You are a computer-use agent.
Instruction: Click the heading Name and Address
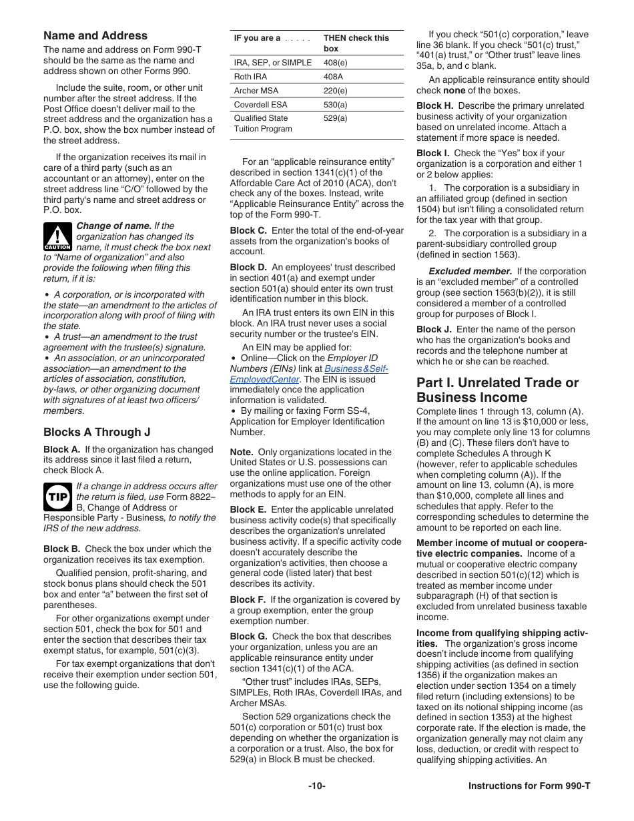pyautogui.click(x=95, y=36)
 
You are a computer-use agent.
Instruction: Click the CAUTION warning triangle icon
pyautogui.click(x=57, y=236)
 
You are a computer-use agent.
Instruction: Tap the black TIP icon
pyautogui.click(x=57, y=497)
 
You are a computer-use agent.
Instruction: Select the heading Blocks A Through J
pyautogui.click(x=97, y=432)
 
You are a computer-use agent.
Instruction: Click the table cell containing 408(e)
pyautogui.click(x=335, y=63)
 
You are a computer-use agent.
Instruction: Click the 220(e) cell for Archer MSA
pyautogui.click(x=335, y=91)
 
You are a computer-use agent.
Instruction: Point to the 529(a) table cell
pyautogui.click(x=335, y=118)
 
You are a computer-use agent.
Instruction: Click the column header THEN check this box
pyautogui.click(x=356, y=43)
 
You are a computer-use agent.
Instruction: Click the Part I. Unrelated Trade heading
pyautogui.click(x=497, y=390)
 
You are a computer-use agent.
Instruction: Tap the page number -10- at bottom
pyautogui.click(x=316, y=786)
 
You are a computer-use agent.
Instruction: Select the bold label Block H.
pyautogui.click(x=434, y=106)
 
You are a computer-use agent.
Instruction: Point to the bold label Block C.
pyautogui.click(x=248, y=231)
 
